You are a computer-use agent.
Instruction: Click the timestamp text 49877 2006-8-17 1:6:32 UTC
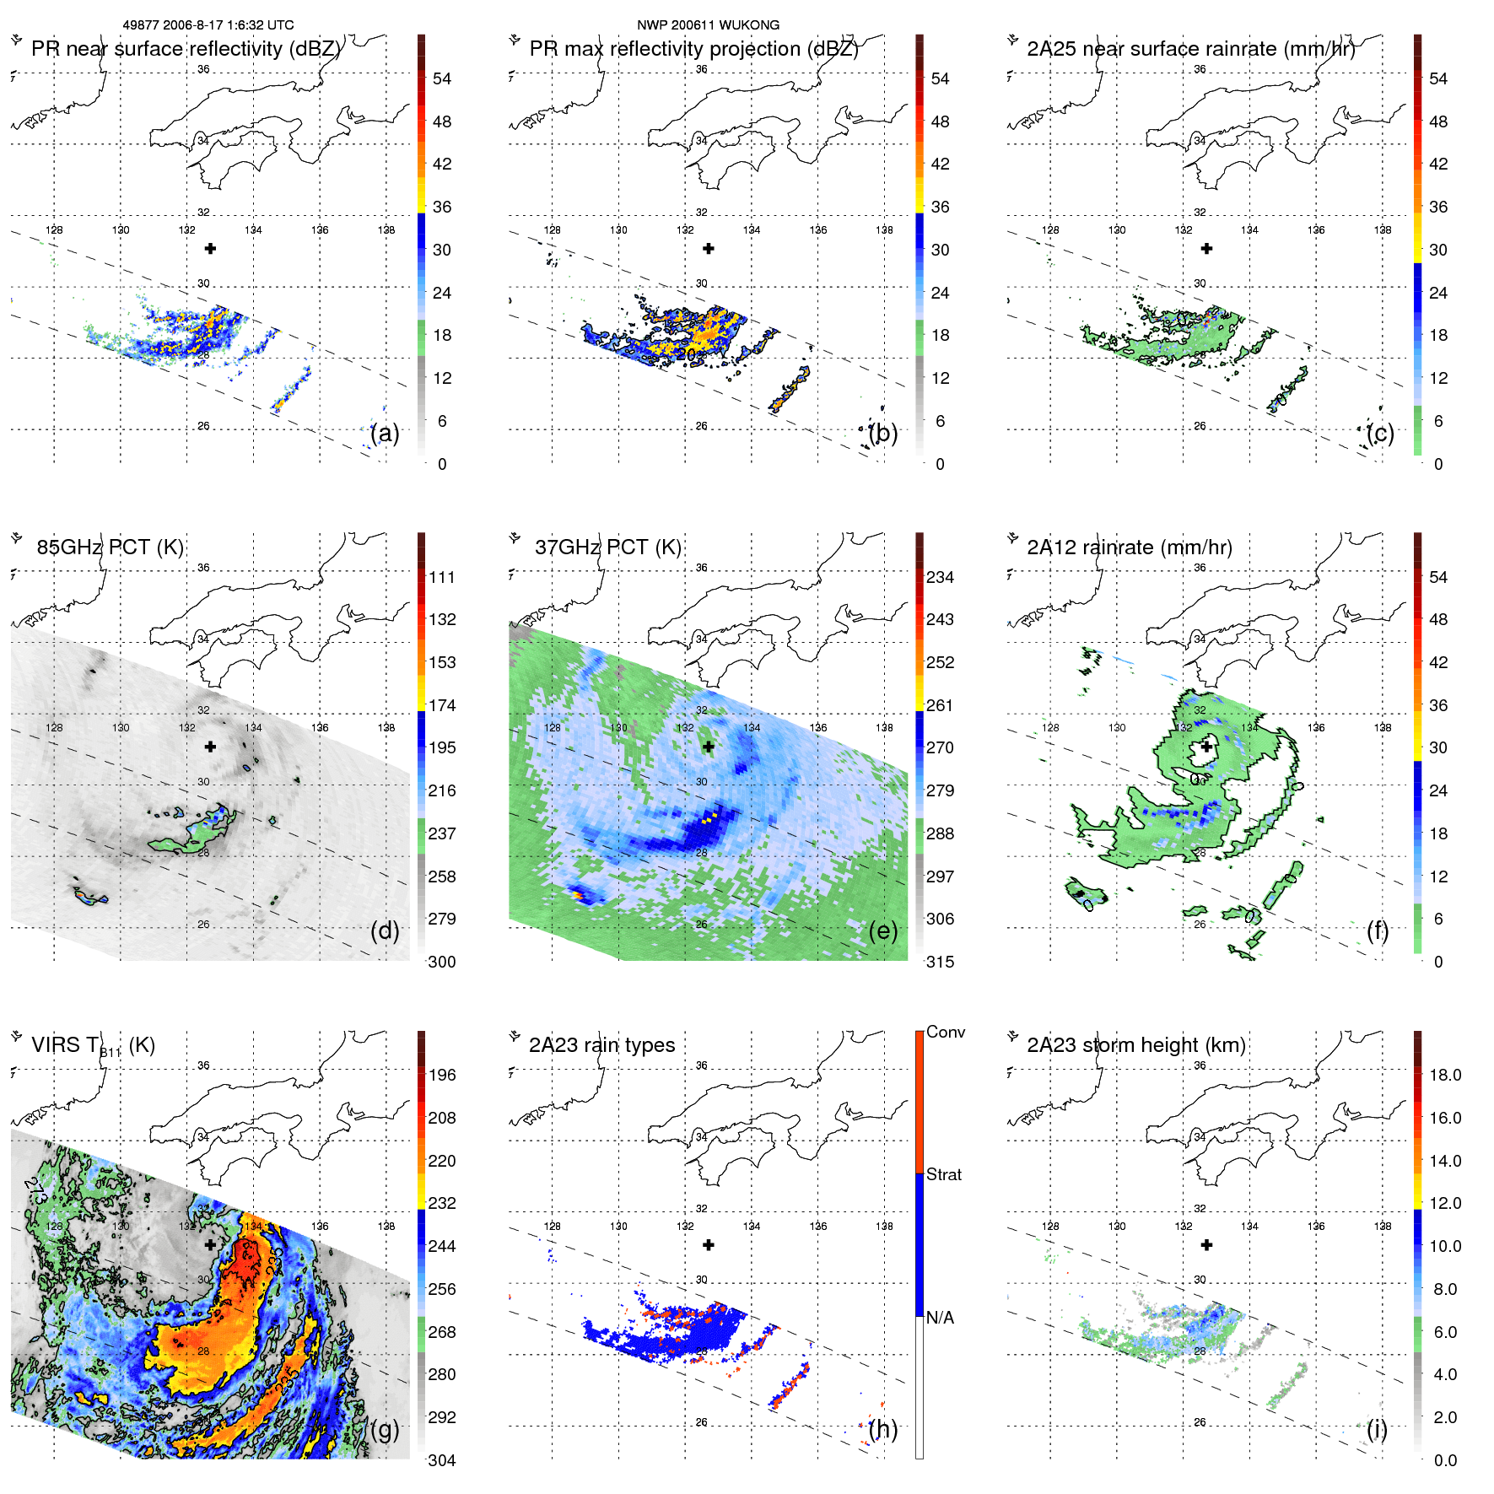tap(208, 25)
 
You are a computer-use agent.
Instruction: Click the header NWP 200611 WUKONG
tap(708, 25)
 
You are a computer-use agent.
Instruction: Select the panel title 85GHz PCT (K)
tap(110, 547)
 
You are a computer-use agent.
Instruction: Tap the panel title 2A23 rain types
tap(601, 1045)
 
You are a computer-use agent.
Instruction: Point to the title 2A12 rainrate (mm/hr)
tap(1129, 547)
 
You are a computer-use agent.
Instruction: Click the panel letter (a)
tap(385, 433)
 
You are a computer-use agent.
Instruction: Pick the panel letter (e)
tap(883, 930)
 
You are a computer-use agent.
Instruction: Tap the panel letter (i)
tap(1377, 1429)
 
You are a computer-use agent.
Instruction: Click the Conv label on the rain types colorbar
tap(945, 1032)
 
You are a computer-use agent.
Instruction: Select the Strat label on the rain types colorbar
tap(943, 1174)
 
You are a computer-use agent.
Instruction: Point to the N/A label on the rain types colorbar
tap(940, 1317)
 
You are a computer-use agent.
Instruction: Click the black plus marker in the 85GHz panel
tap(210, 747)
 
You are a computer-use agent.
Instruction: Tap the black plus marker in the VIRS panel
tap(210, 1244)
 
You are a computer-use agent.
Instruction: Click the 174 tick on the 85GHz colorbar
tap(441, 705)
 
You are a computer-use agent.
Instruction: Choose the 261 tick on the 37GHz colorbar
tap(940, 705)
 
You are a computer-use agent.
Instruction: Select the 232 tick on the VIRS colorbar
tap(441, 1203)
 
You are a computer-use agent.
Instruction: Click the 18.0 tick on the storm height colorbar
tap(1444, 1075)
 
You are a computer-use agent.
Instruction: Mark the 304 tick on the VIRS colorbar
tap(441, 1460)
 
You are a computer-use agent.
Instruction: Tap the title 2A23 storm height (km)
tap(1135, 1045)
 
